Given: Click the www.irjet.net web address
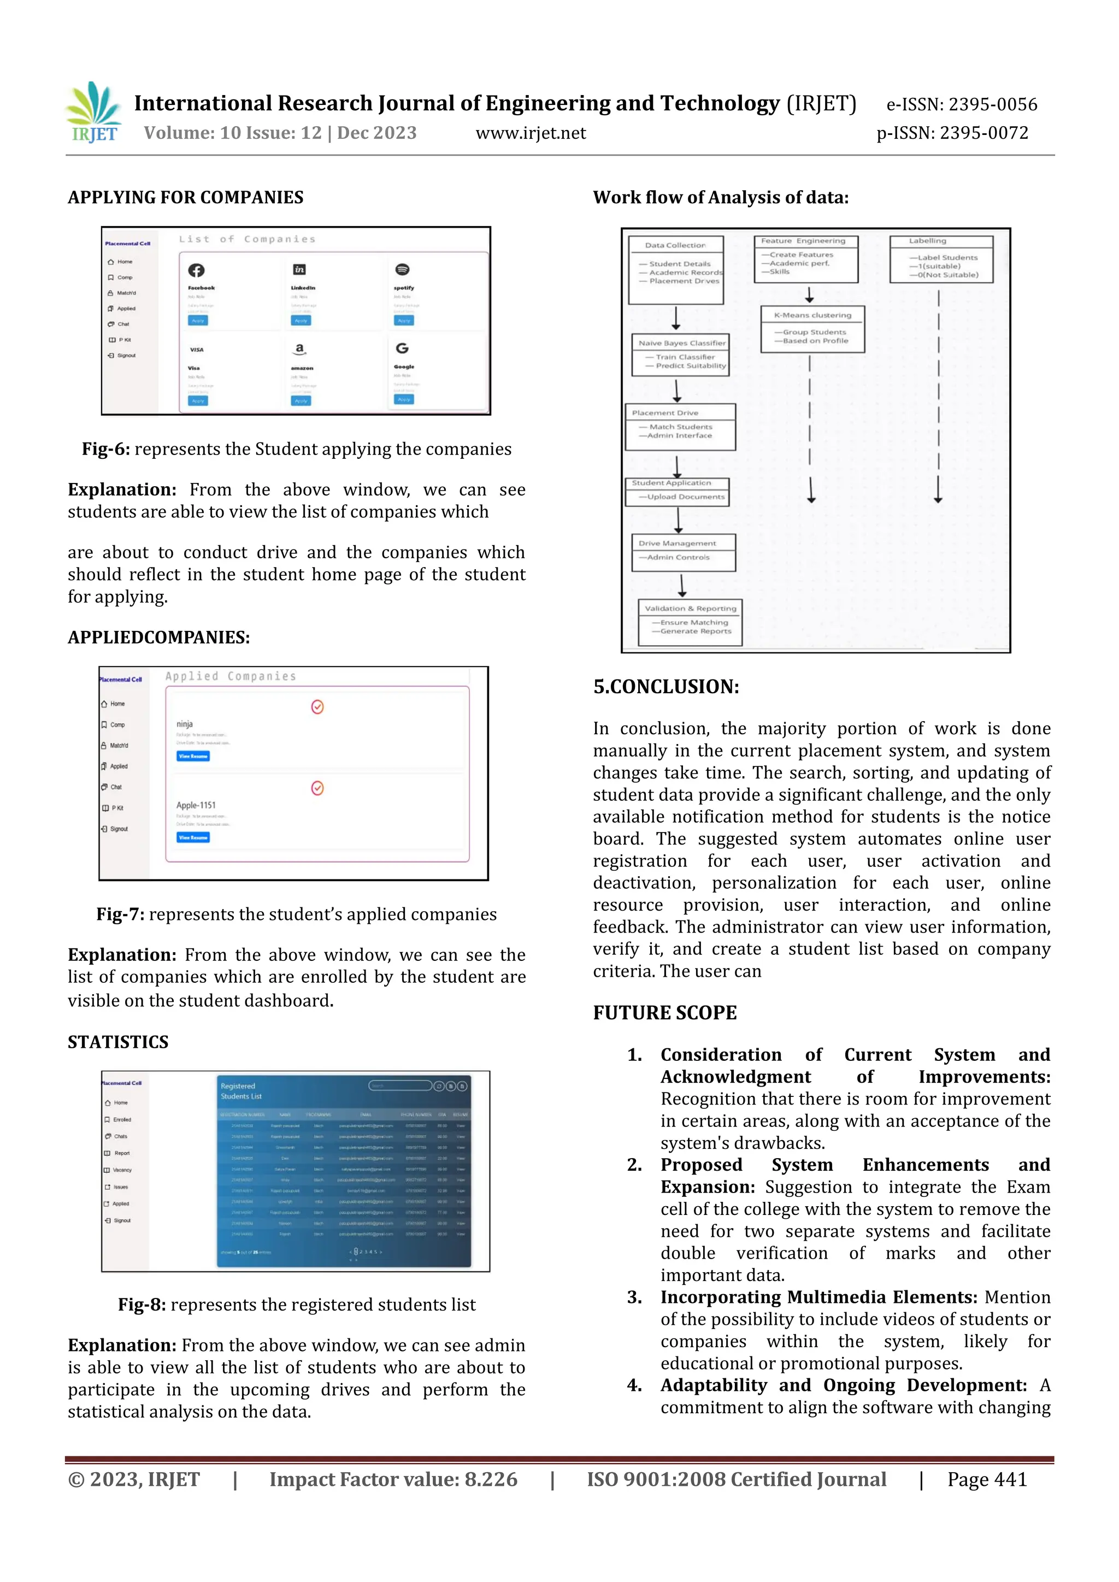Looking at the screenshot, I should pos(531,133).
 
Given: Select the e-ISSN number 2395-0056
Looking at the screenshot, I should pos(992,105).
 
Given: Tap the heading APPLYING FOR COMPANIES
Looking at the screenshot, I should pos(185,198).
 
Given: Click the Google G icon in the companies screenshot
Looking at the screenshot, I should pos(402,349).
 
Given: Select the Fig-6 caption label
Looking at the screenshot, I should pos(105,449).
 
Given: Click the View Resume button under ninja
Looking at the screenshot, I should pos(193,757).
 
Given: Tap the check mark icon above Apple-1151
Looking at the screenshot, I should pos(317,788).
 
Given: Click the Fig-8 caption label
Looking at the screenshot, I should pos(142,1305).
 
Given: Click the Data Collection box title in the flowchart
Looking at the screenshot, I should pos(675,245).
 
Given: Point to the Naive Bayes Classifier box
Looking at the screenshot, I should pos(681,354).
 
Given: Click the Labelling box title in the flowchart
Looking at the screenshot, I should pos(927,241).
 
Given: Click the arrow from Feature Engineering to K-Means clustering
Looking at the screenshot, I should pos(810,294).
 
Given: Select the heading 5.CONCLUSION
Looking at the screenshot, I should pos(665,687).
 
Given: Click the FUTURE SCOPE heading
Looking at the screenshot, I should pos(665,1013).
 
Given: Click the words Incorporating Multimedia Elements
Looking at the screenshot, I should pos(818,1297).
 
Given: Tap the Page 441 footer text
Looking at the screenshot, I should pos(987,1479).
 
